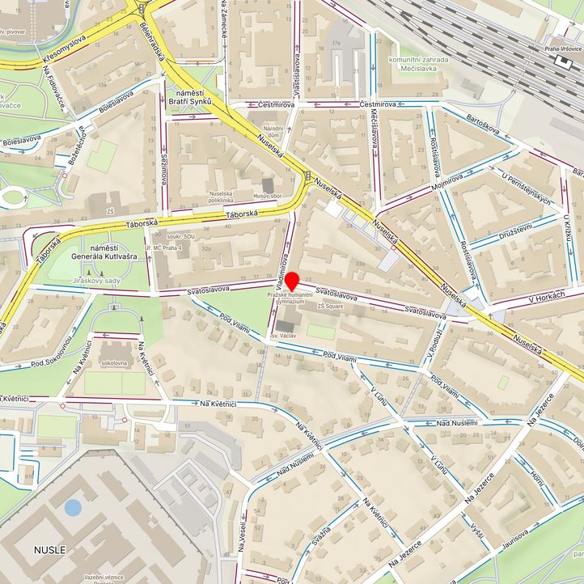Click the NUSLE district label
point(50,550)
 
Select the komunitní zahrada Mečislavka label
point(418,64)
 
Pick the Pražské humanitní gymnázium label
point(287,300)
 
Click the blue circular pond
point(73,508)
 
